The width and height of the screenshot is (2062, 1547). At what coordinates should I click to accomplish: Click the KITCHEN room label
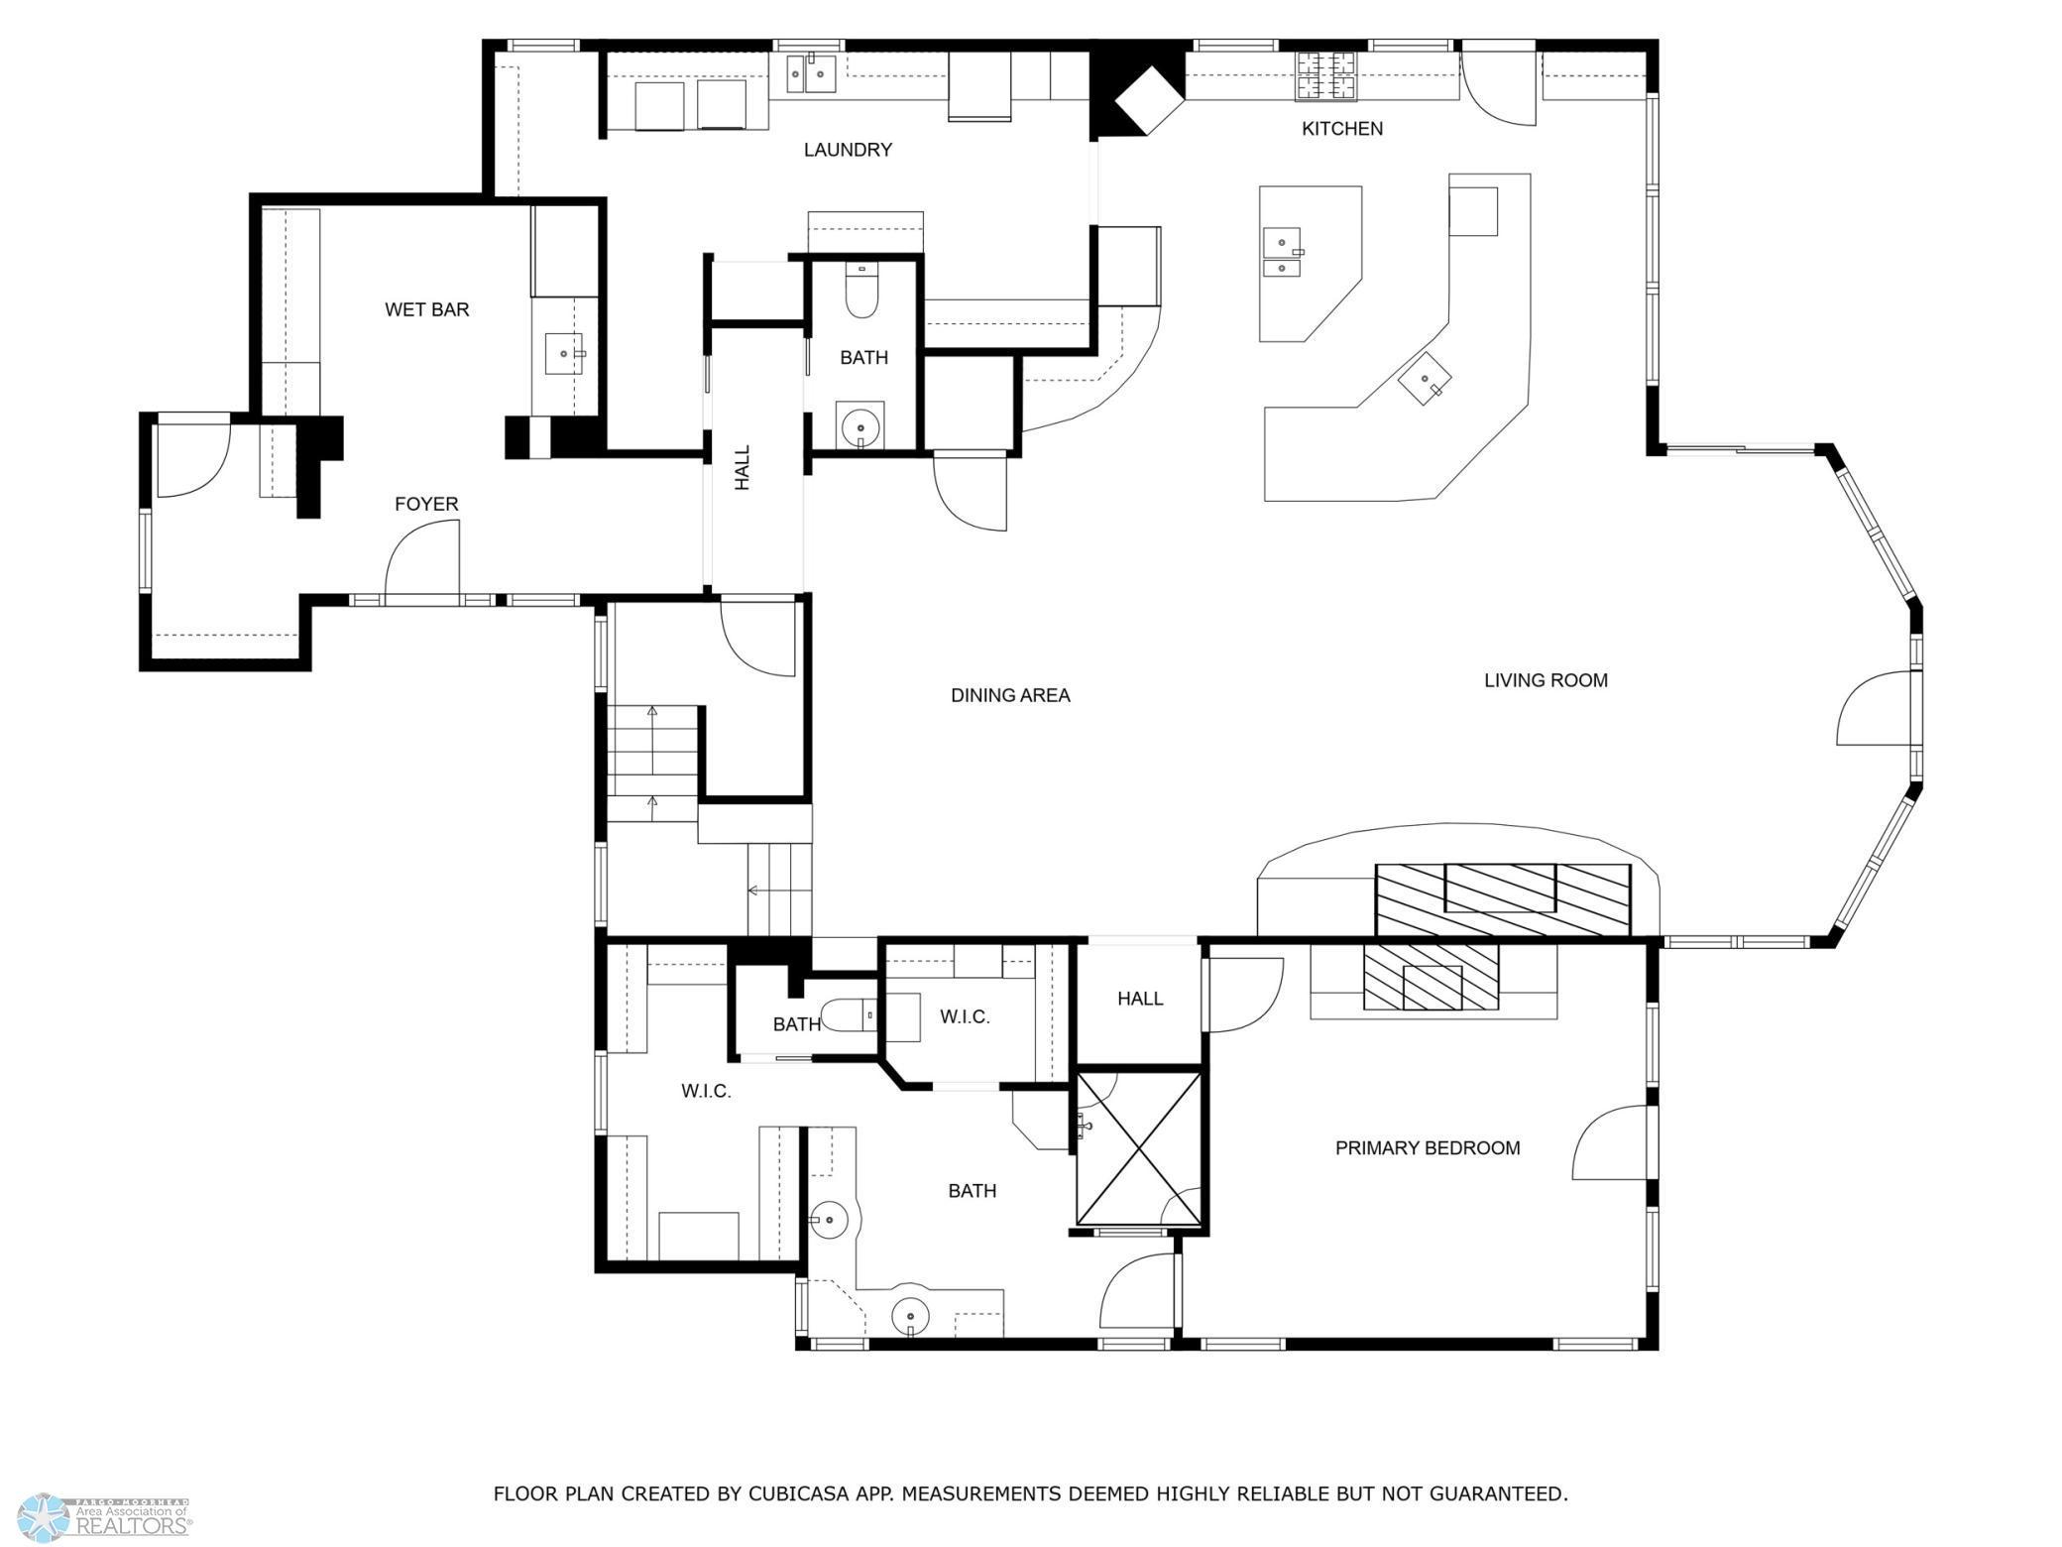tap(1341, 129)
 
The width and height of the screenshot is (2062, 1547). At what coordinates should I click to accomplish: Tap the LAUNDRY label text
tap(848, 150)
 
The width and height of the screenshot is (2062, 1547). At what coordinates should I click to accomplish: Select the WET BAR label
tap(426, 309)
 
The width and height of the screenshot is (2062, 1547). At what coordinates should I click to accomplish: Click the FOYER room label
tap(426, 504)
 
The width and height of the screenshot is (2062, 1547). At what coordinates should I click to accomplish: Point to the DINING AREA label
tap(1010, 695)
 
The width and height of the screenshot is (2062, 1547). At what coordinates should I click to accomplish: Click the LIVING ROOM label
tap(1545, 680)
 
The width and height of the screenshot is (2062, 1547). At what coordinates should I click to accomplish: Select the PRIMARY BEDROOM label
tap(1427, 1148)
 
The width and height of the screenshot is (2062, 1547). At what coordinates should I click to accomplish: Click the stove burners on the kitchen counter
tap(1325, 75)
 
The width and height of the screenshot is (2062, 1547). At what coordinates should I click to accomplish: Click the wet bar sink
tap(565, 354)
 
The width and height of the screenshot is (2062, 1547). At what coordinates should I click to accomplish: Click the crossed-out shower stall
tap(1138, 1147)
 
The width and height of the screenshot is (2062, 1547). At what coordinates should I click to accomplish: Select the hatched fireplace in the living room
tap(1502, 898)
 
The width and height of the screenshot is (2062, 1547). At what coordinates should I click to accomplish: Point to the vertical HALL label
tap(743, 467)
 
